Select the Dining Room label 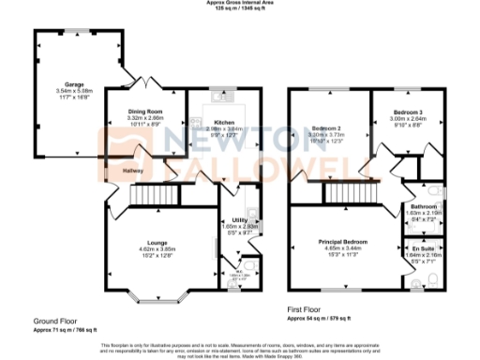(x=144, y=112)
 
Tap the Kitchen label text (x=223, y=123)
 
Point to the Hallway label (x=133, y=171)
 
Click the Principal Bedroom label (x=341, y=242)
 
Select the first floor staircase (x=346, y=194)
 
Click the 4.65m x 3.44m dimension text (x=341, y=248)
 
